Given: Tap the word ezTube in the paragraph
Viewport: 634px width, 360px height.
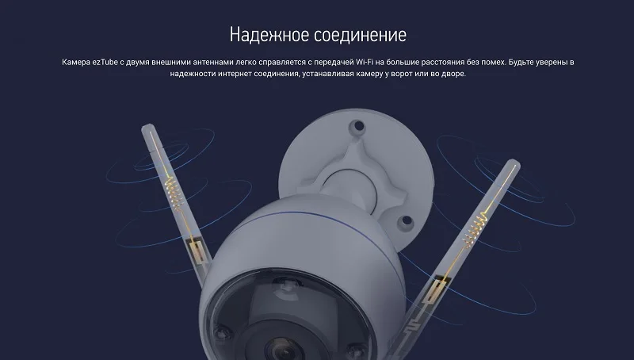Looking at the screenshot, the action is [x=105, y=63].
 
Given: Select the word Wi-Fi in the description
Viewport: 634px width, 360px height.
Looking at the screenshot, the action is [x=365, y=63].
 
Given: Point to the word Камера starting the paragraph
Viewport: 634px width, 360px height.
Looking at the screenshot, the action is [x=76, y=63].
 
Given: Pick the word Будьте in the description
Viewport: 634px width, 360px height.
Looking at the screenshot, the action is [x=521, y=63].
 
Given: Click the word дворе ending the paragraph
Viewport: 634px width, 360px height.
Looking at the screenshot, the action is [x=454, y=74].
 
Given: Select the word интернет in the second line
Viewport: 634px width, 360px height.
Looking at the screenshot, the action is [x=235, y=74].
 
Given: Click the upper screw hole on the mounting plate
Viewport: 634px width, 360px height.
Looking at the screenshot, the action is [x=357, y=126].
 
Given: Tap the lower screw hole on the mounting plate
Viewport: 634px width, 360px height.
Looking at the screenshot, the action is [x=405, y=222].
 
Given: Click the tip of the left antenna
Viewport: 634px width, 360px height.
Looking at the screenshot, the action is [x=147, y=126].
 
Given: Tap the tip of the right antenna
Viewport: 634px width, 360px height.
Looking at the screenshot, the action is [x=514, y=162].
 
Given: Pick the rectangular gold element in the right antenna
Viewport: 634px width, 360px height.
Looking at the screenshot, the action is [x=434, y=290].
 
